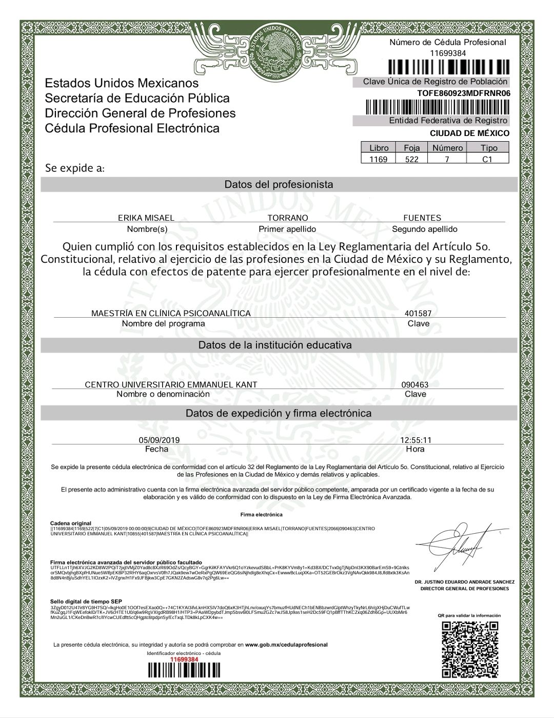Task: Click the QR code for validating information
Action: click(x=470, y=649)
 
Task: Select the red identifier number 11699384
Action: click(x=184, y=659)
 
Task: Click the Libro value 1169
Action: click(x=379, y=159)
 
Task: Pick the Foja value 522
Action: click(x=412, y=159)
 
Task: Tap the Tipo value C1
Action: click(x=487, y=159)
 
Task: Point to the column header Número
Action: click(x=447, y=148)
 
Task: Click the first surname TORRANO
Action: click(x=288, y=218)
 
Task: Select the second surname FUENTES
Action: click(x=422, y=218)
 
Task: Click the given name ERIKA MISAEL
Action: click(x=146, y=218)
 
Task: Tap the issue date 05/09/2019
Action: click(x=159, y=440)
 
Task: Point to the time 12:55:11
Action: click(x=415, y=440)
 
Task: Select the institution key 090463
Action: click(x=415, y=384)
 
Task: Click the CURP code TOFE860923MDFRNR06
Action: click(x=464, y=93)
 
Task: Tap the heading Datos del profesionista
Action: click(x=279, y=184)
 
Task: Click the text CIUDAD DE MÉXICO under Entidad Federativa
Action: click(x=469, y=133)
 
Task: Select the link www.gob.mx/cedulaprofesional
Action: click(x=286, y=645)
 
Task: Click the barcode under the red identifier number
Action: click(x=184, y=671)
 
